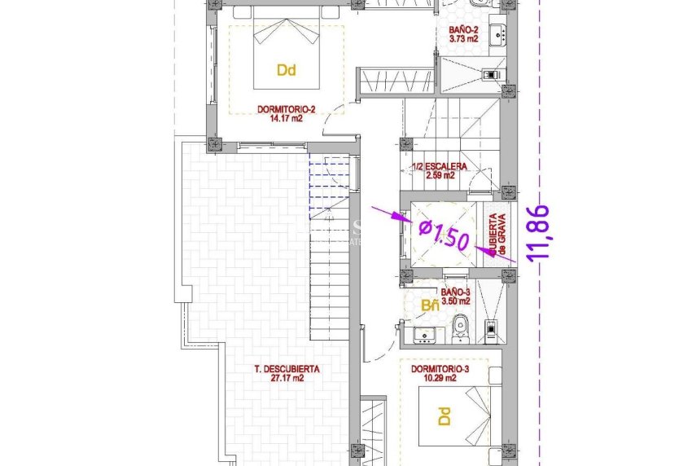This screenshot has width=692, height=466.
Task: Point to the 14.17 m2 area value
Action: tap(286, 116)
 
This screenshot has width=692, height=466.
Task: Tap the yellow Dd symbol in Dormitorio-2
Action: tap(286, 70)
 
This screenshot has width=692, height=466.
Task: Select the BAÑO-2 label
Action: tap(463, 30)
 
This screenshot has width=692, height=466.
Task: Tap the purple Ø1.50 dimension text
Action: tap(443, 237)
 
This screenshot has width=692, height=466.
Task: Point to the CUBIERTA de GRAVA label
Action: tap(497, 236)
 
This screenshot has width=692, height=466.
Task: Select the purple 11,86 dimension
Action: tap(539, 232)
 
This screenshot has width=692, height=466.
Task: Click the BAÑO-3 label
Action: tap(456, 292)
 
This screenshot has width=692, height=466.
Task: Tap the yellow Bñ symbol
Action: tap(430, 306)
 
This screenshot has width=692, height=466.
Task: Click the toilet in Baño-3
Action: tap(460, 326)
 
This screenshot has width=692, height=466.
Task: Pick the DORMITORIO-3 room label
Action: tap(440, 369)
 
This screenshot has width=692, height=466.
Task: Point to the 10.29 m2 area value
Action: tap(440, 378)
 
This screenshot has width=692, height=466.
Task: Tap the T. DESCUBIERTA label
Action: tap(287, 369)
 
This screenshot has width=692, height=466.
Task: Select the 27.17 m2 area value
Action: tap(287, 378)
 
